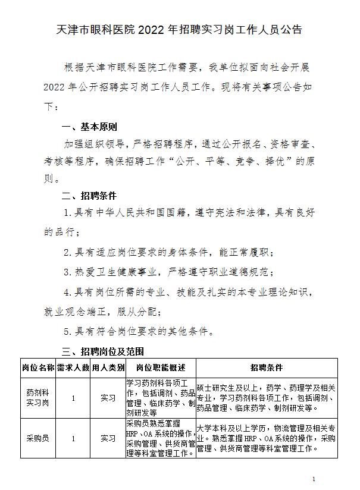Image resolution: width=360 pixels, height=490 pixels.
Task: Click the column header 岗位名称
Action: coord(38,367)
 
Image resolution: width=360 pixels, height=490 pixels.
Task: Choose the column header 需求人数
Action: coord(73,367)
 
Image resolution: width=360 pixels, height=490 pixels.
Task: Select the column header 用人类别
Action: coord(108,367)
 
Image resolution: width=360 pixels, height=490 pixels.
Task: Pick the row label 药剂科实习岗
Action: coord(38,398)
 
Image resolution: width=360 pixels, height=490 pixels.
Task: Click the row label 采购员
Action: coord(38,438)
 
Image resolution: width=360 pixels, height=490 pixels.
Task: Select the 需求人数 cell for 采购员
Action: coord(73,438)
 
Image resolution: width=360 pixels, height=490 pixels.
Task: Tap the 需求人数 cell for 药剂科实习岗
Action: coord(73,398)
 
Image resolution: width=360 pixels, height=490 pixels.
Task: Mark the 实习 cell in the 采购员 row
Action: coord(108,438)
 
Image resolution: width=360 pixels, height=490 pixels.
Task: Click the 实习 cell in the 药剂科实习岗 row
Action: coord(108,398)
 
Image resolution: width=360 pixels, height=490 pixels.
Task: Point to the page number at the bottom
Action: coord(314,479)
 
